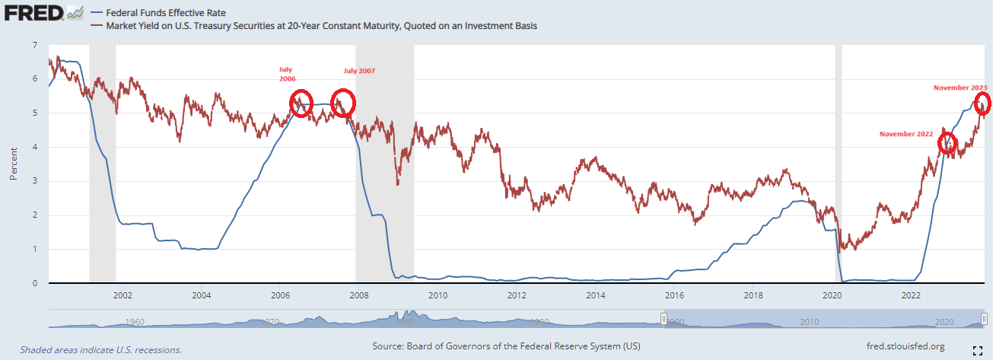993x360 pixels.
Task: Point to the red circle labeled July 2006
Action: (301, 102)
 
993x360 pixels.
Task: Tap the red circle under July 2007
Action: (343, 102)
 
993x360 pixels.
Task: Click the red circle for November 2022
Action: (947, 142)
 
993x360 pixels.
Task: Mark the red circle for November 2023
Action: (983, 103)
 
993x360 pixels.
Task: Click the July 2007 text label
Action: (359, 71)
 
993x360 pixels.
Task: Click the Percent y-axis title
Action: (13, 164)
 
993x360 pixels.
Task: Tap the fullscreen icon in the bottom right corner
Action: (980, 350)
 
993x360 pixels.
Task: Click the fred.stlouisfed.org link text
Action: (905, 347)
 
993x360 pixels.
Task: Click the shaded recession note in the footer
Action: (100, 350)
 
